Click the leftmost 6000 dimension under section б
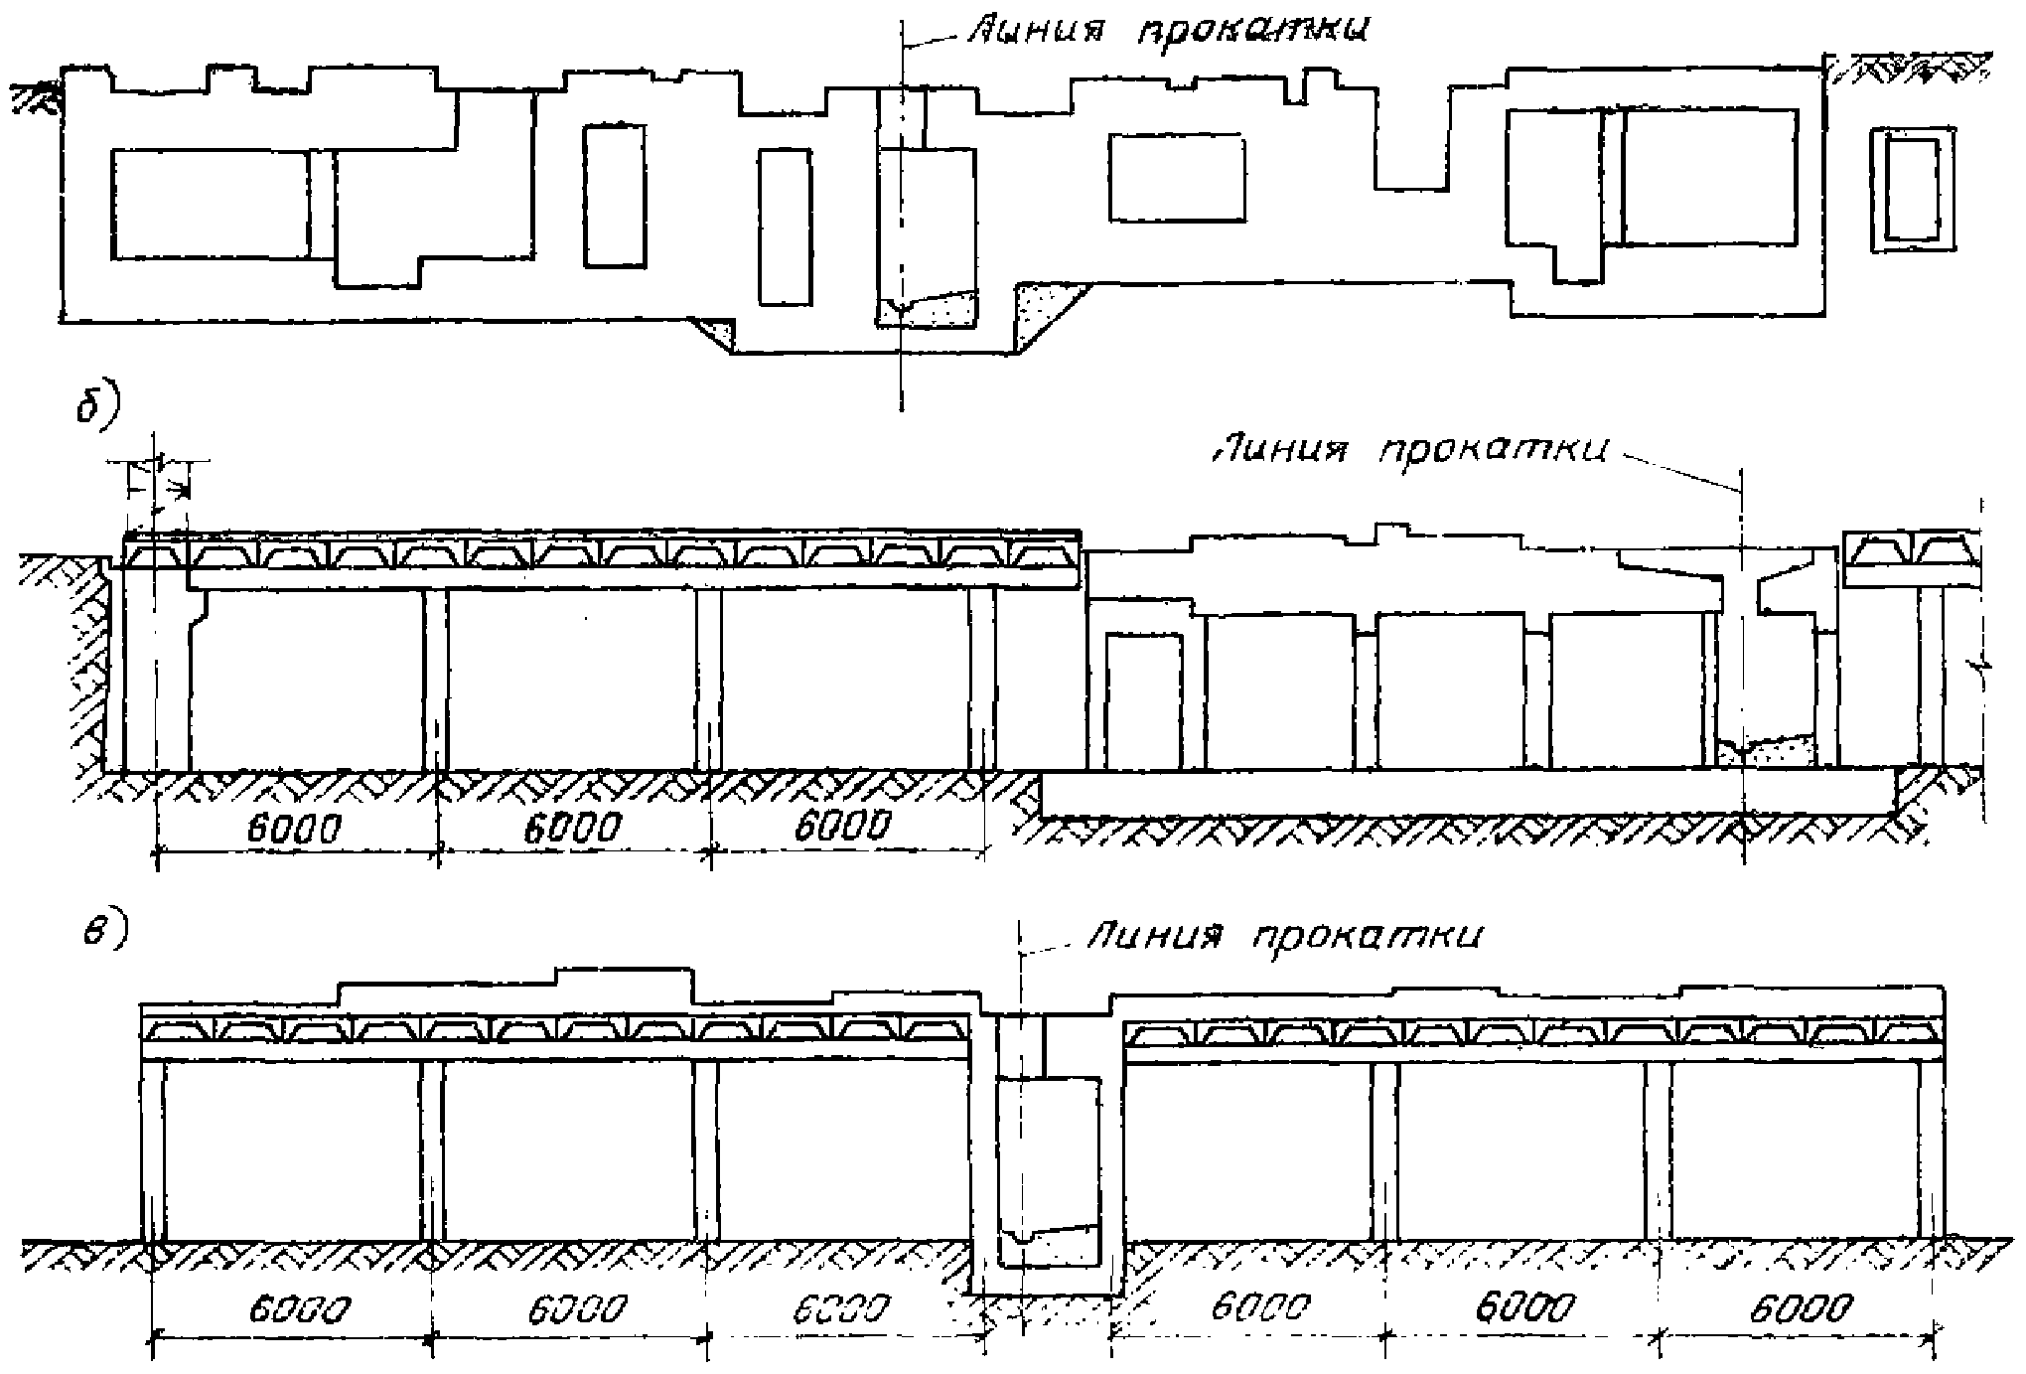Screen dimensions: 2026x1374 [294, 828]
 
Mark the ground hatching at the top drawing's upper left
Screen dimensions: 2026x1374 [34, 97]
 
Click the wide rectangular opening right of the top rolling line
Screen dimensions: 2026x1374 [1178, 178]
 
